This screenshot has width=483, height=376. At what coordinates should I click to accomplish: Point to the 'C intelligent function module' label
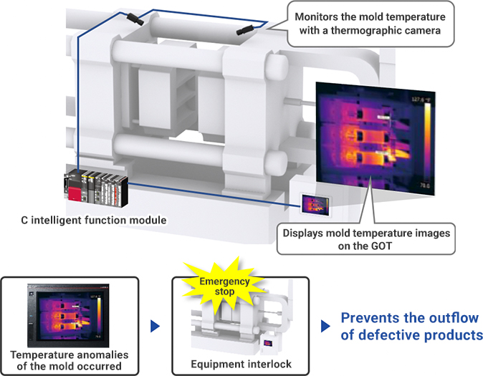(x=94, y=218)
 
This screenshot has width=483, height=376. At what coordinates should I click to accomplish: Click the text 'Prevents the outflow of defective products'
(x=411, y=327)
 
